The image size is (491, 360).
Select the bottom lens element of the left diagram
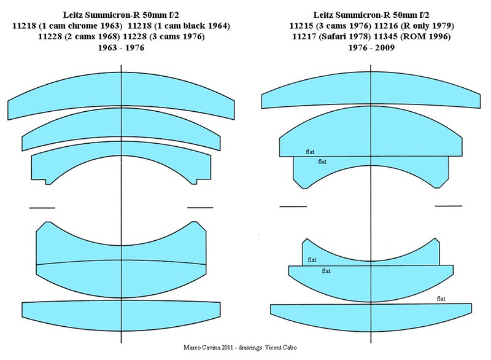(121, 316)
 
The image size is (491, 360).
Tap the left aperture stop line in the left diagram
(42, 208)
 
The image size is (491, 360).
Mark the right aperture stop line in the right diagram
(449, 206)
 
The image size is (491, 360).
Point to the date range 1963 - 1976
(121, 48)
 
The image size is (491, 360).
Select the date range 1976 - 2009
(371, 48)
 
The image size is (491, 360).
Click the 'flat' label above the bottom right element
(441, 299)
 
